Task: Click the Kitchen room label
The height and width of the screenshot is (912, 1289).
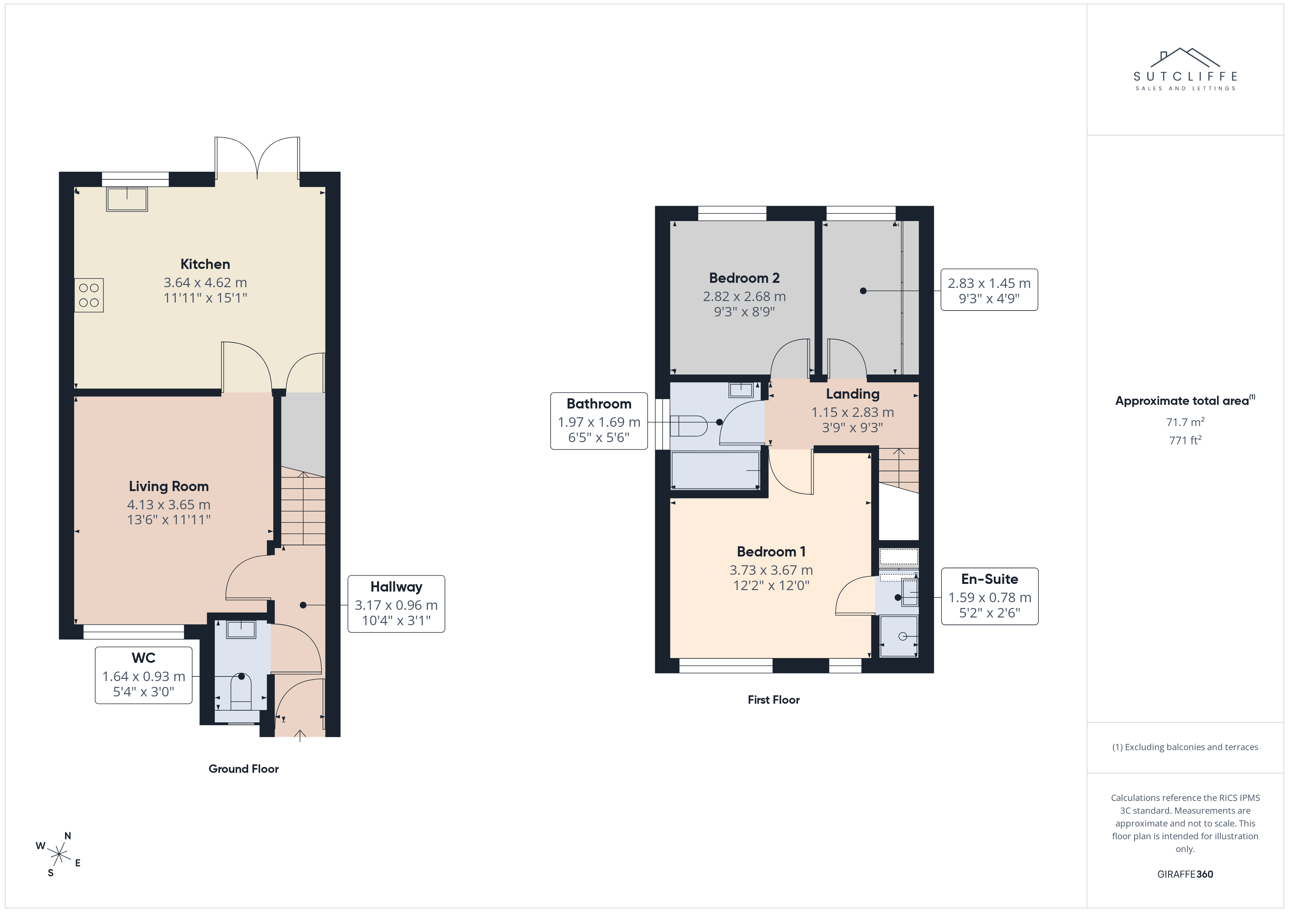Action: pyautogui.click(x=205, y=264)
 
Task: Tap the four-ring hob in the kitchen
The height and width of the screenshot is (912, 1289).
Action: pyautogui.click(x=89, y=295)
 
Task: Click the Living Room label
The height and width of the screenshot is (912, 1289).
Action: pyautogui.click(x=168, y=486)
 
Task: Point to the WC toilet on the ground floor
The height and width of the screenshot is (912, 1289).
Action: pyautogui.click(x=241, y=692)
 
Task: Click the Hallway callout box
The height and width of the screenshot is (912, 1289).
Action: pyautogui.click(x=396, y=604)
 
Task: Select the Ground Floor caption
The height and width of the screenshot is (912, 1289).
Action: pyautogui.click(x=244, y=769)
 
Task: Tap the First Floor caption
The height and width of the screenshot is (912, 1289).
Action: pyautogui.click(x=773, y=700)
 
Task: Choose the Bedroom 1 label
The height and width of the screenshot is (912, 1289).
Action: pyautogui.click(x=771, y=551)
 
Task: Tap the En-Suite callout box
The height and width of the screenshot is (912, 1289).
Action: pyautogui.click(x=990, y=596)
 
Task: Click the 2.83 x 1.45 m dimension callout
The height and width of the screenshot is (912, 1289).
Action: pyautogui.click(x=989, y=290)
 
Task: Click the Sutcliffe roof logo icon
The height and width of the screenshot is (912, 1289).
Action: pyautogui.click(x=1185, y=57)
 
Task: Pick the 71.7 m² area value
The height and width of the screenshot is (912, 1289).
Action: pyautogui.click(x=1185, y=421)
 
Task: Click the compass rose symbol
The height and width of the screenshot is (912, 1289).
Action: pyautogui.click(x=59, y=855)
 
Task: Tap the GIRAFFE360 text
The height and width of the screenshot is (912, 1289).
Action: pyautogui.click(x=1185, y=874)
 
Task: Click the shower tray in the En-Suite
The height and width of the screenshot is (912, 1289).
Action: pyautogui.click(x=899, y=636)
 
